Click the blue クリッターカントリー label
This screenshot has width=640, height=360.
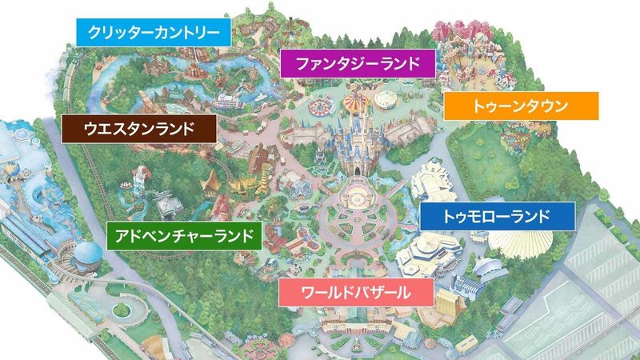pos(153,33)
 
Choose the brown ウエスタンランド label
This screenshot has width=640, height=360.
pos(139,128)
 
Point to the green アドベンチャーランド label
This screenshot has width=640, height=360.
pos(183,235)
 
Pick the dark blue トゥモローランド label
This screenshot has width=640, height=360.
pos(497,216)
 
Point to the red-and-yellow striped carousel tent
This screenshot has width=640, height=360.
pos(353,103)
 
